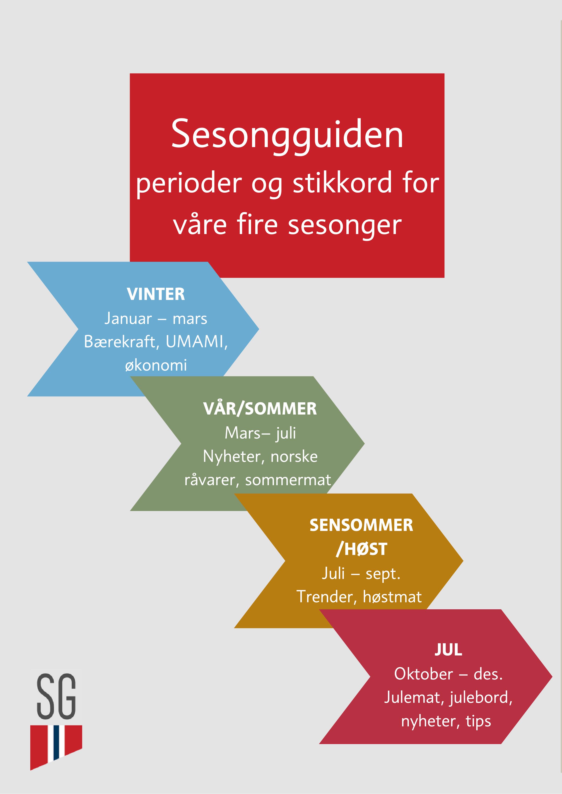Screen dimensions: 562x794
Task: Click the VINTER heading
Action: [156, 294]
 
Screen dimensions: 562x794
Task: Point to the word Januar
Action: [128, 319]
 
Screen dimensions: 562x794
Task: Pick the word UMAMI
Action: [196, 342]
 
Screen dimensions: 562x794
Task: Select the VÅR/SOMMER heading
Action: [260, 409]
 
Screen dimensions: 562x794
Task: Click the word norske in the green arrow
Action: [294, 456]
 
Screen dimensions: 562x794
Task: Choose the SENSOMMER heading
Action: [361, 525]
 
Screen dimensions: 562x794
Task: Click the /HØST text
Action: [361, 549]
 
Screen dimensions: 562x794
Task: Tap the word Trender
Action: [324, 596]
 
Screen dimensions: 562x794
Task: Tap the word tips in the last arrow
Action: [478, 721]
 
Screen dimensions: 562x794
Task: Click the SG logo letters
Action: [56, 696]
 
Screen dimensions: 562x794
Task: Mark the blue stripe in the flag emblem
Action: [56, 743]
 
